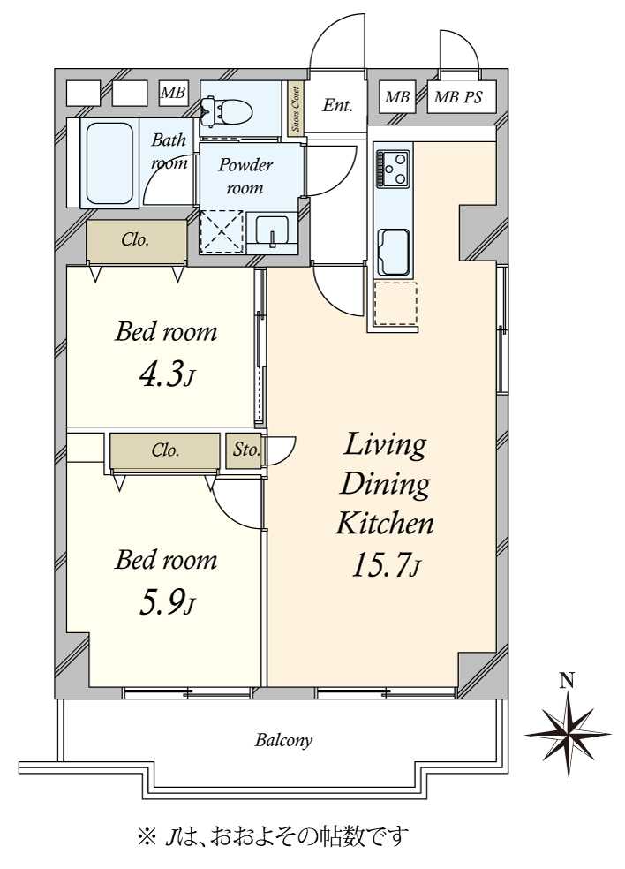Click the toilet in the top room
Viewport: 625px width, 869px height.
pos(227,110)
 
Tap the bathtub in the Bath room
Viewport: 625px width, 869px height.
pos(109,162)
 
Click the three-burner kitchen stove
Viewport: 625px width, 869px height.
pos(392,169)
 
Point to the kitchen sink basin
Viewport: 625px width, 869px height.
pos(394,251)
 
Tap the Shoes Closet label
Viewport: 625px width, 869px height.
pos(296,109)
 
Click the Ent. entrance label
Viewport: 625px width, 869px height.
pos(337,105)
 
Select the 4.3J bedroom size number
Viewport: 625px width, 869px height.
pos(166,374)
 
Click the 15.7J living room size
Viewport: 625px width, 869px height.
pos(386,565)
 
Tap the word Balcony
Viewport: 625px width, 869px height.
pos(283,740)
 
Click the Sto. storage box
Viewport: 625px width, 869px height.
pos(245,450)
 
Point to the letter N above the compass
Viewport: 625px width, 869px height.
pos(566,680)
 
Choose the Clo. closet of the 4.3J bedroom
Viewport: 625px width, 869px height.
pos(136,240)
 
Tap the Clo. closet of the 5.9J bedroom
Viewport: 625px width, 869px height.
pos(165,450)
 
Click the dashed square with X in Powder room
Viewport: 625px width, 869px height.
pos(221,231)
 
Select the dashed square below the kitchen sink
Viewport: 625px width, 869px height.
pos(395,304)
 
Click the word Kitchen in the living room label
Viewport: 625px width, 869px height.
pos(385,524)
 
